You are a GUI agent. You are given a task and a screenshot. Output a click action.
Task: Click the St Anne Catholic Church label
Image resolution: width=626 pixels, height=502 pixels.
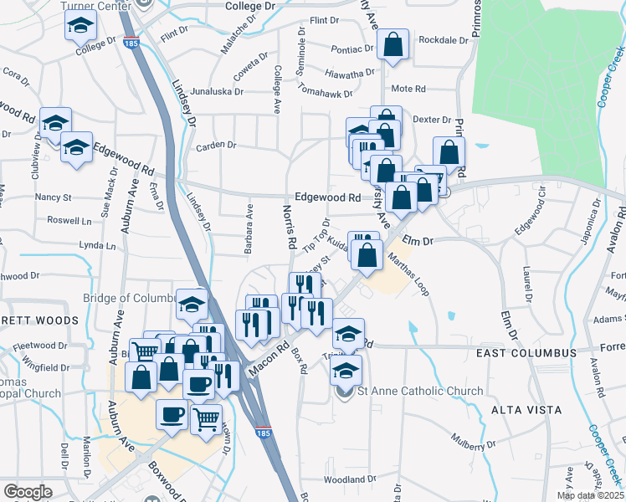tap(420, 391)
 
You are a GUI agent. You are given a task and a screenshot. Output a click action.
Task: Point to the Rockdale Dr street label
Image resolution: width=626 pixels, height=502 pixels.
tap(443, 40)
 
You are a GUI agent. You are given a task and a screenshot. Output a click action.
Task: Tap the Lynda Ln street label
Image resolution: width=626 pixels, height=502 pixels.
tap(96, 246)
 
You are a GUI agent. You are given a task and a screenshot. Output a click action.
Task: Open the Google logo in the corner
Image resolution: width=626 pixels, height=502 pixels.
tap(28, 491)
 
